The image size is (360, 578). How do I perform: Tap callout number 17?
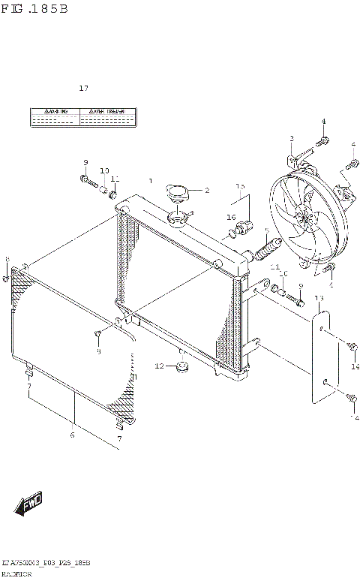click(83, 89)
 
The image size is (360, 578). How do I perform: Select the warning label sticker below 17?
click(82, 116)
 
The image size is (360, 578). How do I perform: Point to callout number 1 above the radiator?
click(150, 181)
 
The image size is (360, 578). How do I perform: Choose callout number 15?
click(240, 186)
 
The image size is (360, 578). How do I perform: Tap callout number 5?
click(266, 230)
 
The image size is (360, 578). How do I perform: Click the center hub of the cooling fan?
click(304, 218)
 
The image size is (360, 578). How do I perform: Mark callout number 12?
click(158, 366)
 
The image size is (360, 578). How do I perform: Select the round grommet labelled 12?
click(181, 368)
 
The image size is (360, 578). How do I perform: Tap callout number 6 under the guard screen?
click(72, 434)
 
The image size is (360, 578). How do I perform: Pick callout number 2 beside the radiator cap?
click(206, 190)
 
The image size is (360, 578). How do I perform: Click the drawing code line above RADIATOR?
click(46, 561)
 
